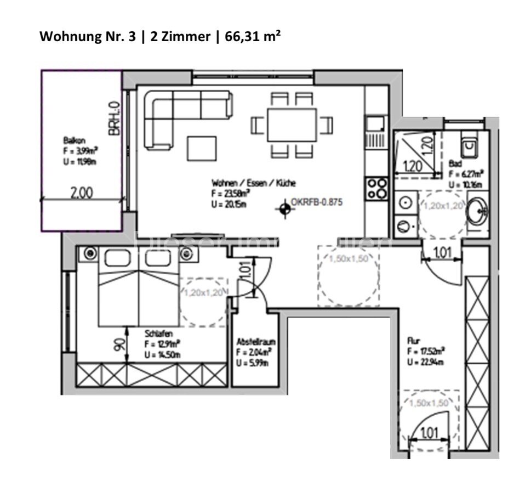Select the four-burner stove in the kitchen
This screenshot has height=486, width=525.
tap(377, 188)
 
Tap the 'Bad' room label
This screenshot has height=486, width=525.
tap(455, 163)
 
